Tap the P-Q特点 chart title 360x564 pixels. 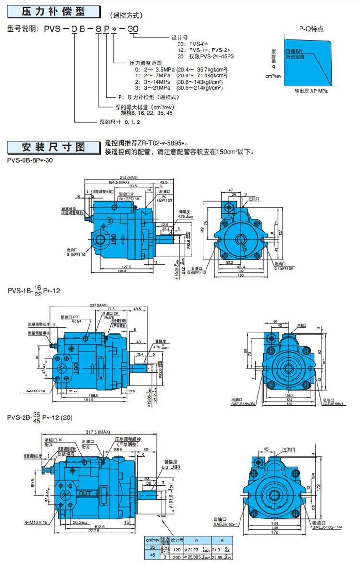pyautogui.click(x=311, y=29)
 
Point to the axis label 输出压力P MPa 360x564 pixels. pyautogui.click(x=312, y=90)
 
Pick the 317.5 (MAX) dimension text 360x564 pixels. pyautogui.click(x=108, y=431)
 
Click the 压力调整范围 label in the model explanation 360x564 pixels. pyautogui.click(x=145, y=63)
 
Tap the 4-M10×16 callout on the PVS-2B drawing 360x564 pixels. pyautogui.click(x=36, y=521)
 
